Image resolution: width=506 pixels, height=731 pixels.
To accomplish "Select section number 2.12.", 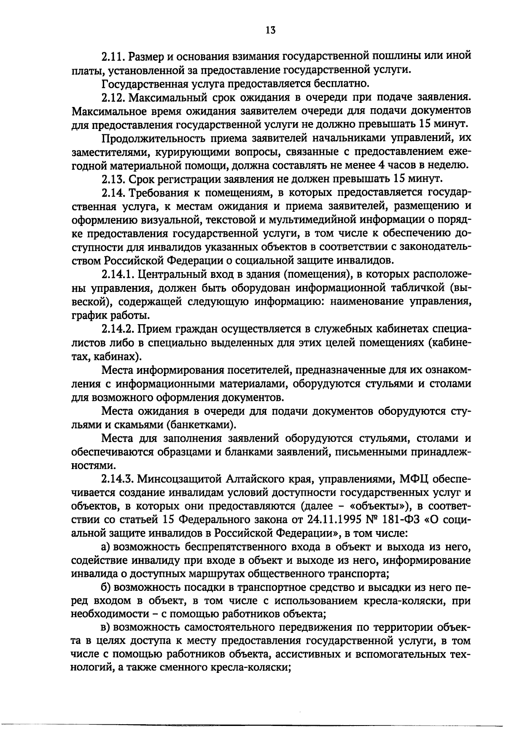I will [113, 97].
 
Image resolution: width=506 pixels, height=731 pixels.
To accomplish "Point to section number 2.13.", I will [113, 179].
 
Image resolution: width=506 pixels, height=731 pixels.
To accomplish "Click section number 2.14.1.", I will [117, 275].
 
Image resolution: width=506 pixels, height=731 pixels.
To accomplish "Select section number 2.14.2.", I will [118, 329].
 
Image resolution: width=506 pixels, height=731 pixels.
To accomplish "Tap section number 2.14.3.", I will [118, 479].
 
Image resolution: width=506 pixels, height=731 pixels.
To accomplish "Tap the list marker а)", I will [106, 547].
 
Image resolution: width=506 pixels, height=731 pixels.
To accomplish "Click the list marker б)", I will [106, 587].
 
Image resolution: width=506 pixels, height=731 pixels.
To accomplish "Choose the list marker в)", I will [106, 628].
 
